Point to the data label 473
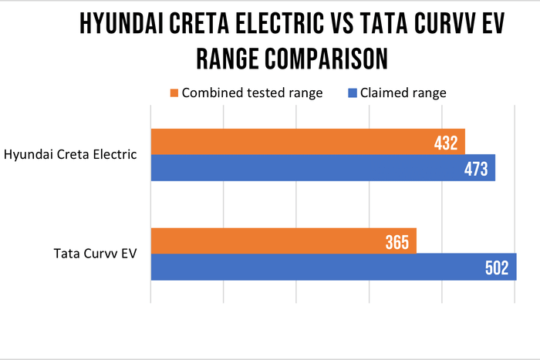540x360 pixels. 475,169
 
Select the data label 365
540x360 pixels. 397,242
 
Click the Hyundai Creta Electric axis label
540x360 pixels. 71,154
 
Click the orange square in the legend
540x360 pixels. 174,93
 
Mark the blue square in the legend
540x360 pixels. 352,93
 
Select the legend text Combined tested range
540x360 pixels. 251,93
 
